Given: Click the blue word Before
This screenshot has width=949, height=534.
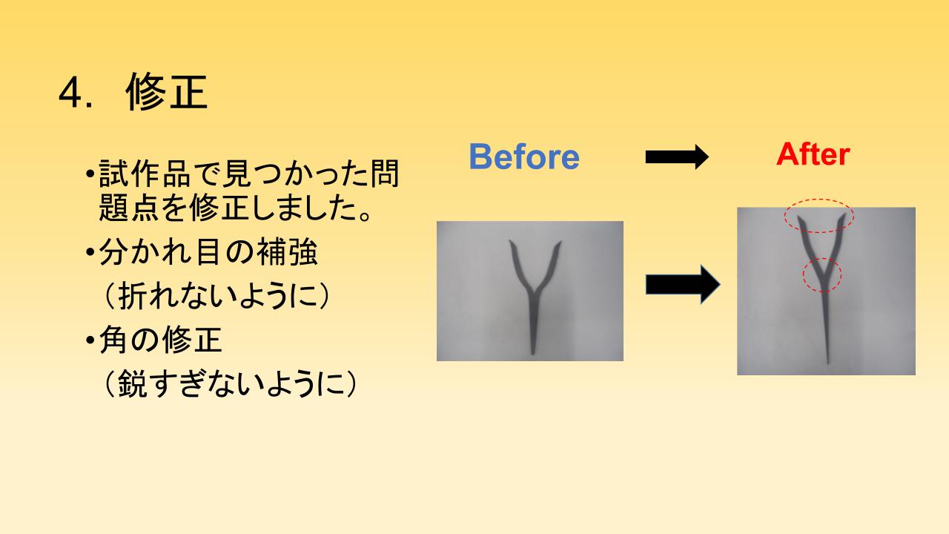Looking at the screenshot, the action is coord(524,156).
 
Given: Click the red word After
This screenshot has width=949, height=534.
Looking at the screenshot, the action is coord(813,154).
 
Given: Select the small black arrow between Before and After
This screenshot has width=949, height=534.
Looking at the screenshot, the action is coord(677,156).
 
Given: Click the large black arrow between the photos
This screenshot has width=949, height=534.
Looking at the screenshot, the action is coord(683,284).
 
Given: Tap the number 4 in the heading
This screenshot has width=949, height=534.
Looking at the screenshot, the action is coord(70,93).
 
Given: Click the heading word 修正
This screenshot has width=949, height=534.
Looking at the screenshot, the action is coord(167,91).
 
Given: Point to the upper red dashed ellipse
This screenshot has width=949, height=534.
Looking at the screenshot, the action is coord(819,200).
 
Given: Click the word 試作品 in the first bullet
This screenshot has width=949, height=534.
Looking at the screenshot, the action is coord(145,174).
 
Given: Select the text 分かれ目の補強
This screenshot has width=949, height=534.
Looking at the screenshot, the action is coord(208,252).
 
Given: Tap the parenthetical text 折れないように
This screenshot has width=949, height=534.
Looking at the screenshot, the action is coord(216,295).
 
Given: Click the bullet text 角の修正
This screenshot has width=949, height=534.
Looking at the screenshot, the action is coord(160,340).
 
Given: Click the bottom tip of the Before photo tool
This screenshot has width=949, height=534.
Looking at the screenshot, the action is coord(532,354).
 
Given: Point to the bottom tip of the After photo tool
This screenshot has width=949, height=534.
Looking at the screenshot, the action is coord(827,363).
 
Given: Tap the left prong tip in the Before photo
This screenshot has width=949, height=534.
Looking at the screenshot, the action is coord(511,241).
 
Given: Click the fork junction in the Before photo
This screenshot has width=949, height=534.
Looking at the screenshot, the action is coord(534,291).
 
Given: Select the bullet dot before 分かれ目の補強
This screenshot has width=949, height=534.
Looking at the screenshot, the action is coord(90,253).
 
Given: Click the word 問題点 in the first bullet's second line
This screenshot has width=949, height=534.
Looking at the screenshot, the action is coord(129,208).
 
